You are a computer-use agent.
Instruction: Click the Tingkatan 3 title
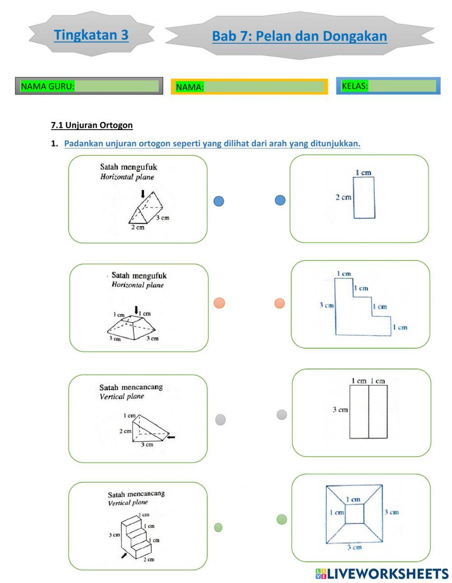[91, 35]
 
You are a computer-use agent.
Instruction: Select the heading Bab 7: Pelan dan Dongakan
[299, 36]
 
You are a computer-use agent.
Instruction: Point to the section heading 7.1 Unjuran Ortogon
[92, 125]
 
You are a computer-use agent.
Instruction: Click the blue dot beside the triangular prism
[219, 201]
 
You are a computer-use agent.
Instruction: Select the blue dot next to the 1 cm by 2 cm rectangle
[280, 200]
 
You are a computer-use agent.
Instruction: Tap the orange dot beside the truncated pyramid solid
[219, 303]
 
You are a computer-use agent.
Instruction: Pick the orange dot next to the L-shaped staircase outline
[280, 303]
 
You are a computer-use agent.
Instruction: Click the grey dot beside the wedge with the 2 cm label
[220, 420]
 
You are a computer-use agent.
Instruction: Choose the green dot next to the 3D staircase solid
[218, 527]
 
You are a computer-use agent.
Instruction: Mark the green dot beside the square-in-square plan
[282, 519]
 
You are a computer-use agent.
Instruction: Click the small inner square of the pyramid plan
[354, 514]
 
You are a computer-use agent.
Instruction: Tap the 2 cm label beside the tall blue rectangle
[343, 197]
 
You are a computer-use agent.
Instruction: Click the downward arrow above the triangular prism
[143, 194]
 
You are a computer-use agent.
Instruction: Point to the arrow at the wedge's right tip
[170, 437]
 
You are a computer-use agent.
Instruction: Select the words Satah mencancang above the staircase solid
[136, 494]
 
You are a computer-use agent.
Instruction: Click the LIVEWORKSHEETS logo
[382, 574]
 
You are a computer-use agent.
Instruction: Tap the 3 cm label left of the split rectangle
[340, 410]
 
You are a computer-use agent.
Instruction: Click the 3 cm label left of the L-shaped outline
[326, 305]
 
